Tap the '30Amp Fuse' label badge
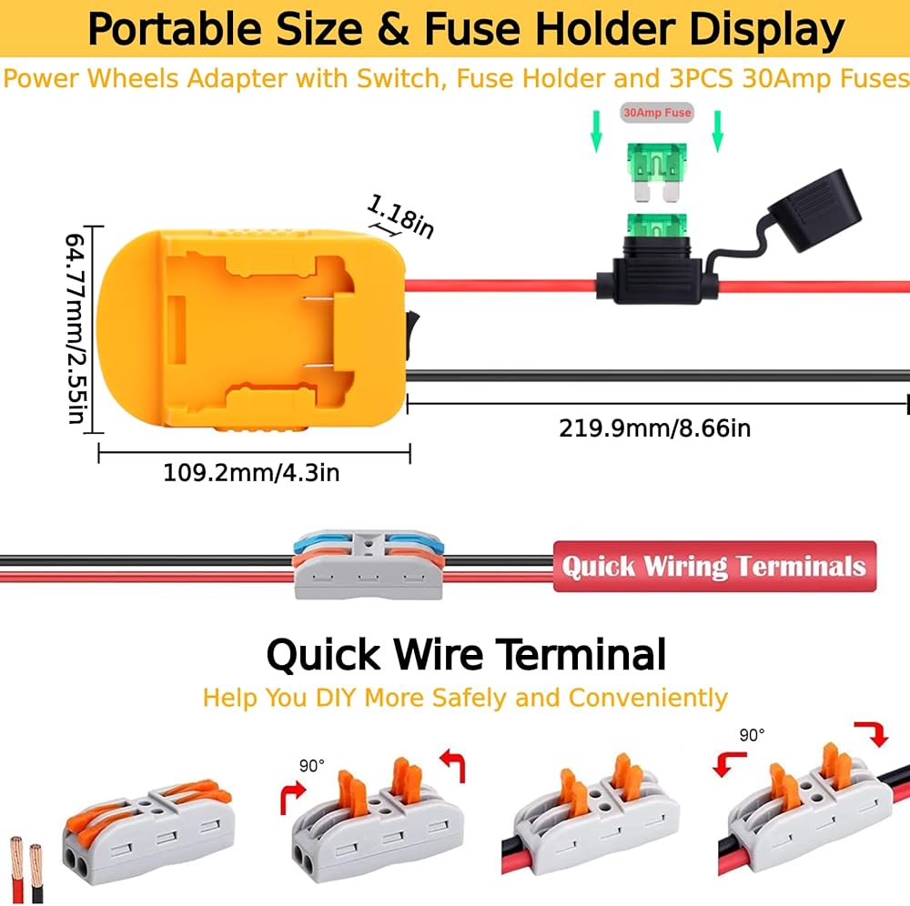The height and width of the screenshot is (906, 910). click(656, 113)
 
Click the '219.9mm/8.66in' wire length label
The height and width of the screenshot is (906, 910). click(654, 428)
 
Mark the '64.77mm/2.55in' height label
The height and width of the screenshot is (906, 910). click(76, 327)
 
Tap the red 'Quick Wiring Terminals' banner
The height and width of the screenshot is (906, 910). click(714, 567)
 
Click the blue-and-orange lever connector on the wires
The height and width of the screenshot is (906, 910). click(369, 564)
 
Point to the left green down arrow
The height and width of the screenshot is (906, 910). click(597, 130)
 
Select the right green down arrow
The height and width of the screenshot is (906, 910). click(717, 130)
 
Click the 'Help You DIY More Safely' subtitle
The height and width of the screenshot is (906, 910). click(464, 699)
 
